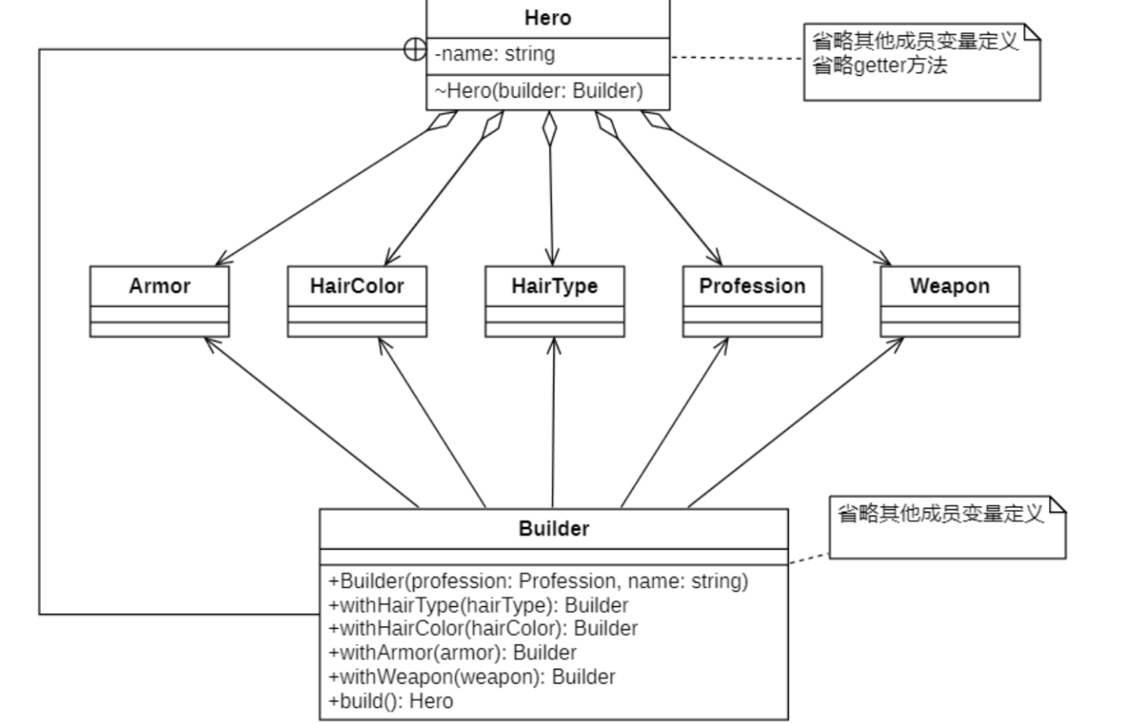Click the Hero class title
(x=547, y=18)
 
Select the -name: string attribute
(x=495, y=54)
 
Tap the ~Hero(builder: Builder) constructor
(x=538, y=91)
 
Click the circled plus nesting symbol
(x=414, y=49)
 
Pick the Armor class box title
(x=160, y=286)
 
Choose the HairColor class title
(x=357, y=286)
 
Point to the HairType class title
(x=554, y=286)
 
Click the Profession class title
(x=752, y=286)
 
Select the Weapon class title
(x=949, y=286)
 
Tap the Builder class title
(x=554, y=529)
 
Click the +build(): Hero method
(x=391, y=701)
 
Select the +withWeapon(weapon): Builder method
(x=471, y=677)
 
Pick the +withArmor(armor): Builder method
(x=452, y=653)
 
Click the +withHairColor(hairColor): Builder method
(x=483, y=629)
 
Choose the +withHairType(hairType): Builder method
(x=478, y=605)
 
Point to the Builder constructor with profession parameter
(x=537, y=581)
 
